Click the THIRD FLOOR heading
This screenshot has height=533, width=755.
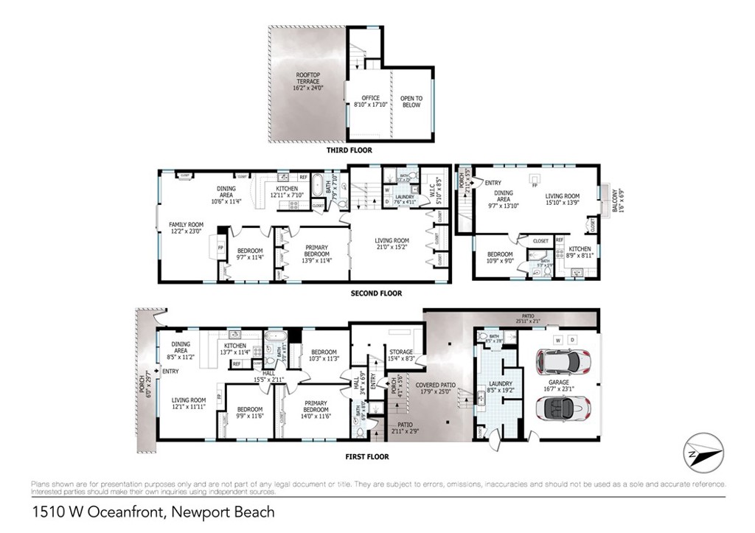349,150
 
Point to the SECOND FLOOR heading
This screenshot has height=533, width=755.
376,293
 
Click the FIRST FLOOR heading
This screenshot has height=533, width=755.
366,456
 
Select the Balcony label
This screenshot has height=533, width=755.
616,197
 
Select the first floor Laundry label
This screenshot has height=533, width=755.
495,386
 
